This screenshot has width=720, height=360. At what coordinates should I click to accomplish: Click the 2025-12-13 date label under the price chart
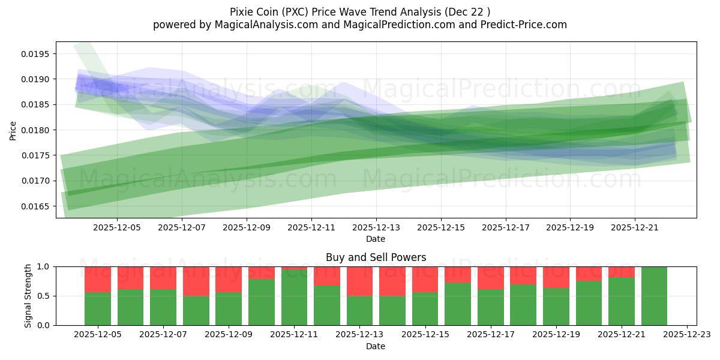coord(376,228)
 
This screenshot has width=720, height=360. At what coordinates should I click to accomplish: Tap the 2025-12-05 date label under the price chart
coord(117,228)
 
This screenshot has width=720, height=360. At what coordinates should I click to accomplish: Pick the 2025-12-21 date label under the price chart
coord(635,228)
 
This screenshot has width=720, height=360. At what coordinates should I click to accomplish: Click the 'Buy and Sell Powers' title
coord(376,257)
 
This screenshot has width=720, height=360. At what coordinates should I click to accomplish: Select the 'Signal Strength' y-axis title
coord(28,296)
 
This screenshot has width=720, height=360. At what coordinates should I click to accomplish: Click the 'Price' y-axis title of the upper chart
coord(13,130)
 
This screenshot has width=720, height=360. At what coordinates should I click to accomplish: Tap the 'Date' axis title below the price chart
coord(376,239)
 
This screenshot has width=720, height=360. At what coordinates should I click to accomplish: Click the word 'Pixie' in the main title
coord(242,11)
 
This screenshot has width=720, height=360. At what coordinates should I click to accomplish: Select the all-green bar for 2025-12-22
coord(654,296)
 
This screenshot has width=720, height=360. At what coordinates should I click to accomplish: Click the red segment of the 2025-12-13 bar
coord(360,281)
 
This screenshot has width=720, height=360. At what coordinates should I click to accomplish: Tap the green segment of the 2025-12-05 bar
coord(98,309)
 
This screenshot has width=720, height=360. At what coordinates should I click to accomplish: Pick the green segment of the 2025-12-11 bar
coord(295,298)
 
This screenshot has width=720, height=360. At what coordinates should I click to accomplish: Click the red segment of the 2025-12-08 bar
coord(196,281)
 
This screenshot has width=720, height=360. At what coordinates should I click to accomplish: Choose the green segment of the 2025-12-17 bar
coord(490,307)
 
